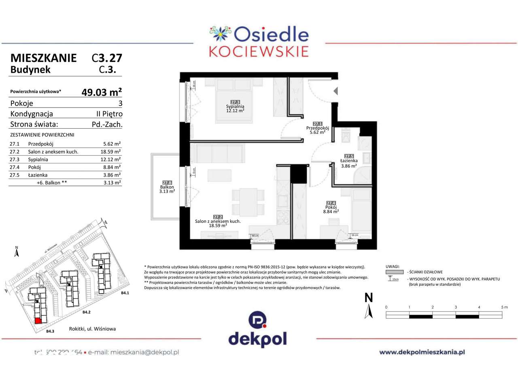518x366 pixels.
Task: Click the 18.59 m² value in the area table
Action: pyautogui.click(x=112, y=152)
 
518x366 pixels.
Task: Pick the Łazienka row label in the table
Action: pyautogui.click(x=38, y=175)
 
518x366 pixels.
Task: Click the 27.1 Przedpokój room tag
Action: pyautogui.click(x=317, y=124)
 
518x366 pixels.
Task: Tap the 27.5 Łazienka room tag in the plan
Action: pyautogui.click(x=348, y=156)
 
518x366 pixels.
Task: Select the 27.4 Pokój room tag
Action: pyautogui.click(x=331, y=203)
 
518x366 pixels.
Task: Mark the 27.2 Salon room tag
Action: pyautogui.click(x=218, y=217)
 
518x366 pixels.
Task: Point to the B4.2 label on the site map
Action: pyautogui.click(x=86, y=312)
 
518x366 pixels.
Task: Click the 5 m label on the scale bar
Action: pyautogui.click(x=504, y=307)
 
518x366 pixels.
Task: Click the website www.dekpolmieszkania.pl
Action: pyautogui.click(x=422, y=352)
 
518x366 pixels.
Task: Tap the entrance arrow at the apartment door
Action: pyautogui.click(x=335, y=91)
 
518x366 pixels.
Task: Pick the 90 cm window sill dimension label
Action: pyautogui.click(x=255, y=235)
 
